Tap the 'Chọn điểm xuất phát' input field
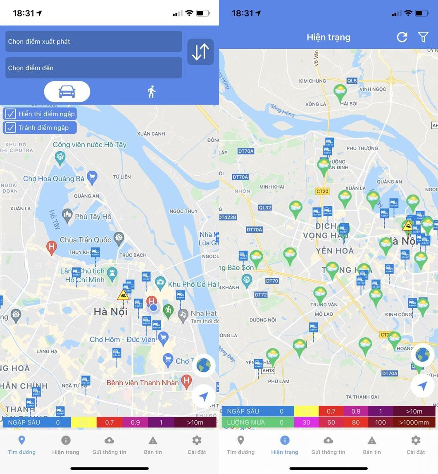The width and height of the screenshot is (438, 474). [x=93, y=41]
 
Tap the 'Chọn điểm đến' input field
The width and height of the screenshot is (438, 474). [x=93, y=68]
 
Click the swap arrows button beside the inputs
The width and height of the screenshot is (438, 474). [x=200, y=52]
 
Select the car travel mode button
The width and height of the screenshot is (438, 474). [x=67, y=91]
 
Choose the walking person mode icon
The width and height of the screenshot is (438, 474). [x=152, y=92]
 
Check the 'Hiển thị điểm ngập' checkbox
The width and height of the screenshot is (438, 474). [x=11, y=114]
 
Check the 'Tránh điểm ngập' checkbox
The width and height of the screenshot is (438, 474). [x=11, y=128]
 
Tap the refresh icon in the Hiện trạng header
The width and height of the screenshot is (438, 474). [x=402, y=37]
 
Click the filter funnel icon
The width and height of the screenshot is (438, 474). [x=423, y=37]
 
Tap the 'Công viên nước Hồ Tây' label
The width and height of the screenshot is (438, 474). [x=89, y=145]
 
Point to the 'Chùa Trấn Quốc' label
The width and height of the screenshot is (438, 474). [x=85, y=240]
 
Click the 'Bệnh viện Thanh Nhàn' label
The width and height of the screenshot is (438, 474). [x=143, y=383]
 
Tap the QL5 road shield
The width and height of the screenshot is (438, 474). [x=352, y=81]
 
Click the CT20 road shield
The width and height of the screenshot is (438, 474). [x=322, y=191]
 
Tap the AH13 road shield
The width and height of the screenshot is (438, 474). [x=268, y=371]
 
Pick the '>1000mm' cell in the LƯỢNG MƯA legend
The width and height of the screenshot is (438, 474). [x=414, y=422]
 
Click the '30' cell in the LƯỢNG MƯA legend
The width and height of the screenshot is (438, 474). [x=306, y=422]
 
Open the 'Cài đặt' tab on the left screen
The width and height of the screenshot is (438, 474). [x=197, y=445]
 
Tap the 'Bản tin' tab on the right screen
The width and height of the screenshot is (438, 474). [x=372, y=445]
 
